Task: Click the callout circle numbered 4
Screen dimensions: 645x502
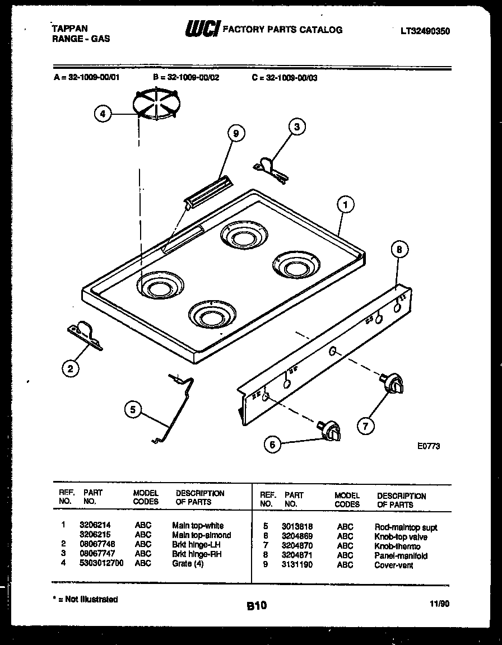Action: coord(102,114)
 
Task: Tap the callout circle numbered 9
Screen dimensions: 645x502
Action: coord(236,133)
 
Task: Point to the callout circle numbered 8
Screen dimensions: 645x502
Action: coord(399,250)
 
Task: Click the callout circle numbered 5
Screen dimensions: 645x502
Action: coord(133,410)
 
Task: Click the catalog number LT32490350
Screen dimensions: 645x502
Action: coord(425,31)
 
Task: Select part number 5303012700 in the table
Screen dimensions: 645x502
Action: coord(101,563)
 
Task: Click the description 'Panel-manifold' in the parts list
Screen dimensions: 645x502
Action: coord(401,556)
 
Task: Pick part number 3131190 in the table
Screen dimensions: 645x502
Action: coord(298,565)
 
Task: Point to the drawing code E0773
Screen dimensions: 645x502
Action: coord(429,446)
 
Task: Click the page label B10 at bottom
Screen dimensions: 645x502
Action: coord(256,605)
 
